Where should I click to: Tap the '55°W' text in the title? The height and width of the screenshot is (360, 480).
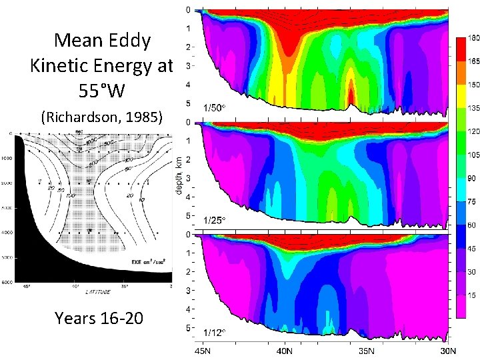pyautogui.click(x=102, y=91)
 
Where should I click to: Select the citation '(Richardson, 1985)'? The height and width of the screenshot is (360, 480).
pyautogui.click(x=101, y=118)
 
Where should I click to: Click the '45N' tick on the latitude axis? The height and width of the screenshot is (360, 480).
pyautogui.click(x=204, y=351)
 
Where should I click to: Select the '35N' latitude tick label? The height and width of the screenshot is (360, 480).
pyautogui.click(x=369, y=351)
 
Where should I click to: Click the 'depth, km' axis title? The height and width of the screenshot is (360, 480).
pyautogui.click(x=180, y=176)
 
